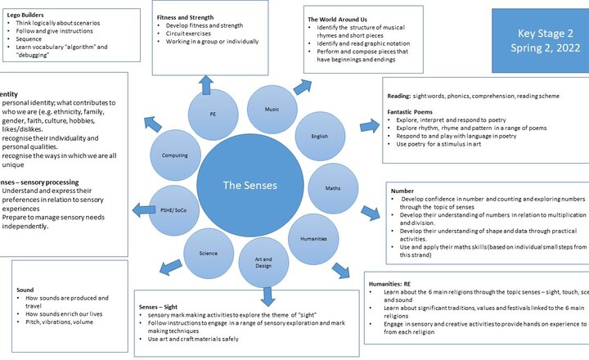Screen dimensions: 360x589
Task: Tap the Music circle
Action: [272, 108]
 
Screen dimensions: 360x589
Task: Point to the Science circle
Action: [209, 253]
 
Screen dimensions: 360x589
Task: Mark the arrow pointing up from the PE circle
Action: [205, 83]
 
